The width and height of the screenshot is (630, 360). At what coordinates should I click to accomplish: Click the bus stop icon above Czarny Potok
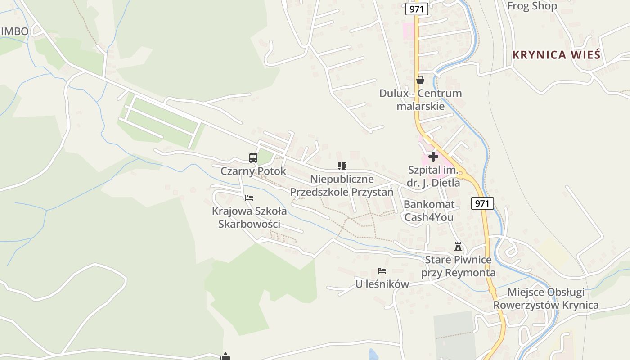tap(253, 158)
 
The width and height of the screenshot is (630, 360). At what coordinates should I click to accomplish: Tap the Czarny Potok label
tap(253, 171)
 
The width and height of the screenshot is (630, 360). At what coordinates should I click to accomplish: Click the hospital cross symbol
tap(433, 157)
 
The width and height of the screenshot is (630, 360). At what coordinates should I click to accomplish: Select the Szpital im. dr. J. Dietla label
tap(433, 176)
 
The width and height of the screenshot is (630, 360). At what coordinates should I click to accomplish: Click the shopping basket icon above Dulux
tap(420, 80)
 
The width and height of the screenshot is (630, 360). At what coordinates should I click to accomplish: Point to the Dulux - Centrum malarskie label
tap(420, 100)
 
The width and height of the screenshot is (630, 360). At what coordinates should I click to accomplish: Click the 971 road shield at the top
tap(417, 9)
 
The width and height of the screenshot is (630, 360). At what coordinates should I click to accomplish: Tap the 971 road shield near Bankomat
tap(482, 203)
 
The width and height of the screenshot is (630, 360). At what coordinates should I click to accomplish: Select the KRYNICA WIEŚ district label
tap(556, 55)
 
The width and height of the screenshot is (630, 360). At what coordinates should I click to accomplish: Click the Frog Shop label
tap(532, 6)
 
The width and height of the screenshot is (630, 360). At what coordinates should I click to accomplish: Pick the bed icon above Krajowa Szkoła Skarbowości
tap(249, 198)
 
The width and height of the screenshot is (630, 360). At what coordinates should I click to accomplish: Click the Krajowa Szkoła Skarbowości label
tap(249, 217)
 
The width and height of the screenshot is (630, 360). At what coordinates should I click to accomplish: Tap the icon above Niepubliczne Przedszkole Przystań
tap(342, 166)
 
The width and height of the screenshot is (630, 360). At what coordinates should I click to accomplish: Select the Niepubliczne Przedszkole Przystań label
tap(342, 185)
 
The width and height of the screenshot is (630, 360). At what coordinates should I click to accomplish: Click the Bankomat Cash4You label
tap(429, 211)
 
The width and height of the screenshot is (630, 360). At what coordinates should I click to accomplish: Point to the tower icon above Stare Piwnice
tap(458, 247)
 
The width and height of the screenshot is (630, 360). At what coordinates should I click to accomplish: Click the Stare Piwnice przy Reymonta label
tap(458, 266)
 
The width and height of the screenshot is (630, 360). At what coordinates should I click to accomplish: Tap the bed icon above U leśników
tap(382, 271)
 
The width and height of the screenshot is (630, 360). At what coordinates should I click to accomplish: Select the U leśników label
tap(382, 284)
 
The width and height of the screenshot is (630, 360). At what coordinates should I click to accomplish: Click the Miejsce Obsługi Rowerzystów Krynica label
tap(546, 299)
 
